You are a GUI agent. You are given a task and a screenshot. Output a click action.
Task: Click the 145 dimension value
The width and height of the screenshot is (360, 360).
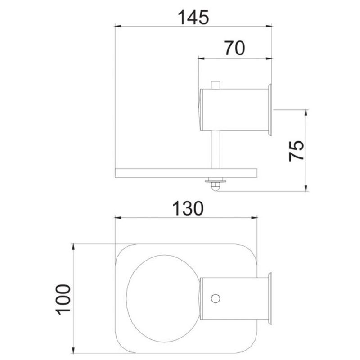(193, 17)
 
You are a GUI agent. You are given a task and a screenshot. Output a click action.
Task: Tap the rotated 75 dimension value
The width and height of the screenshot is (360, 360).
(297, 150)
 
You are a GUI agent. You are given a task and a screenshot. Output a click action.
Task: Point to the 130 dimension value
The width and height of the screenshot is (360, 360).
(187, 208)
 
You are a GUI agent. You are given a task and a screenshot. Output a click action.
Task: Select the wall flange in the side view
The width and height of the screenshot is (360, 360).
(270, 110)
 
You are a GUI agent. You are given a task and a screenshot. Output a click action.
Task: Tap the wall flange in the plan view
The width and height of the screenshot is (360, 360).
(270, 297)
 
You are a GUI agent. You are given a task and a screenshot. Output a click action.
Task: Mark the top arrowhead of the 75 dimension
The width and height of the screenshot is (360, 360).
(306, 112)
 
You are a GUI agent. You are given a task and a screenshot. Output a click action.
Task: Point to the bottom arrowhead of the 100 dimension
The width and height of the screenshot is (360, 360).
(73, 349)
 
